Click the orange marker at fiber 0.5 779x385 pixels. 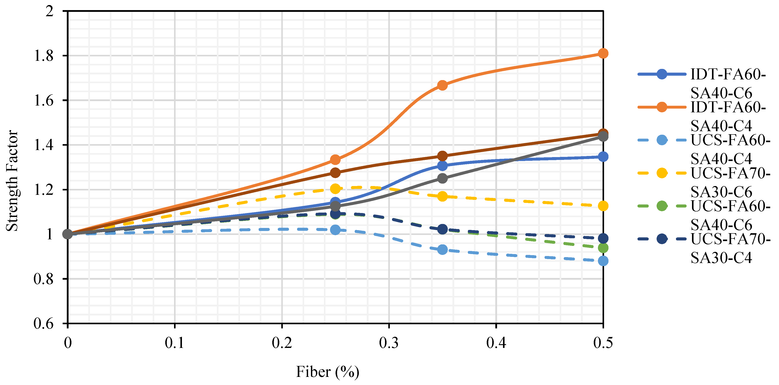click(x=603, y=54)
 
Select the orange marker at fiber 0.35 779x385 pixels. click(x=442, y=85)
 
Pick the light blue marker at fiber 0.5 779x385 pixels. click(x=603, y=261)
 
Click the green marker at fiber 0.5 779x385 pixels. click(x=603, y=248)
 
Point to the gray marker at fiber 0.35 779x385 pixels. click(x=442, y=178)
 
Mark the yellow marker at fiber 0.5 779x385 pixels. click(x=603, y=206)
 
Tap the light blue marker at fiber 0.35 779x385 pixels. click(x=442, y=250)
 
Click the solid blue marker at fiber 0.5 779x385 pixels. click(x=603, y=157)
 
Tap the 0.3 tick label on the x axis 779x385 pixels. click(x=389, y=343)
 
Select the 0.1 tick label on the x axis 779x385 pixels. click(x=174, y=343)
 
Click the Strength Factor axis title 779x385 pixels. click(x=12, y=181)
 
